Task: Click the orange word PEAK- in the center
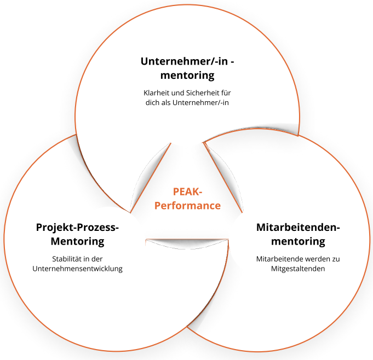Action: tap(187, 192)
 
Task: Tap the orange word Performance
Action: tap(187, 206)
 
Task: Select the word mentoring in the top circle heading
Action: tap(187, 75)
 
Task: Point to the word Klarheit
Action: tap(156, 92)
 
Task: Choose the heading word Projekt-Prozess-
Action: tap(77, 227)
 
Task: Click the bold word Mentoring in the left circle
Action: tap(77, 241)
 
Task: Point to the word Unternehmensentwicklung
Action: tap(77, 269)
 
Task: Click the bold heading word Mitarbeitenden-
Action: tap(299, 227)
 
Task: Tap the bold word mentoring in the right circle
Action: tap(299, 241)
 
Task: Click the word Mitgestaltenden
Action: tap(299, 269)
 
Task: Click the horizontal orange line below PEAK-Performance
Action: tap(187, 240)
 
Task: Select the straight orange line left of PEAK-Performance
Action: tap(151, 177)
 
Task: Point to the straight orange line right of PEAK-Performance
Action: tap(223, 177)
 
